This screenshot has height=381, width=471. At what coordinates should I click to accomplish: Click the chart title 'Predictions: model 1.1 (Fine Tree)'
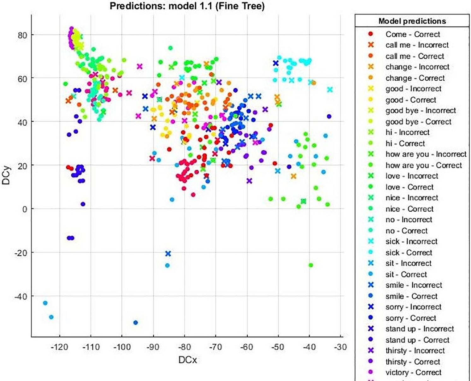point(187,6)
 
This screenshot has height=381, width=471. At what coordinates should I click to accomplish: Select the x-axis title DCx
point(187,360)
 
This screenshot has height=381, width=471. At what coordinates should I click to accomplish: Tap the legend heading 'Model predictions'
point(412,21)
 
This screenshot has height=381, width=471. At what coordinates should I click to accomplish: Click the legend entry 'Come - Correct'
point(412,34)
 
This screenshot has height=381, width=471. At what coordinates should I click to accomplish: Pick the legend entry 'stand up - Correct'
point(417,340)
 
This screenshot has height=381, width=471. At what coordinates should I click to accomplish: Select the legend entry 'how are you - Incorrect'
point(426,154)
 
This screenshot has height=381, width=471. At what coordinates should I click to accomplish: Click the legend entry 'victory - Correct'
point(413,372)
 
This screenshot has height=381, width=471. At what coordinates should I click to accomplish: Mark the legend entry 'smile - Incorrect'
point(414,285)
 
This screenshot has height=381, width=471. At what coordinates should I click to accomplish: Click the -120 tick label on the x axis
point(60,347)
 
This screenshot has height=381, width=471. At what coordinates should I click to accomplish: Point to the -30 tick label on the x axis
point(340,347)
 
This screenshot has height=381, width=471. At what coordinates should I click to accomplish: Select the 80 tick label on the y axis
point(22,35)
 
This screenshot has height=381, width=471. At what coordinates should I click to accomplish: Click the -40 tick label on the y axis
point(21,296)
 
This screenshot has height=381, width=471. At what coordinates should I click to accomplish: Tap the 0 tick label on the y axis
point(25,209)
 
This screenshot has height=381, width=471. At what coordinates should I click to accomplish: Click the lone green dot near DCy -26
point(311,265)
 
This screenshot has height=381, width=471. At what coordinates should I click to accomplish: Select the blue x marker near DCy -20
point(168,253)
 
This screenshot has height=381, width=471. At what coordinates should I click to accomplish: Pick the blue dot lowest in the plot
point(136,323)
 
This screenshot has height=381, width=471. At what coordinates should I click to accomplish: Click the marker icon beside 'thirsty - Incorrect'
point(371,351)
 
